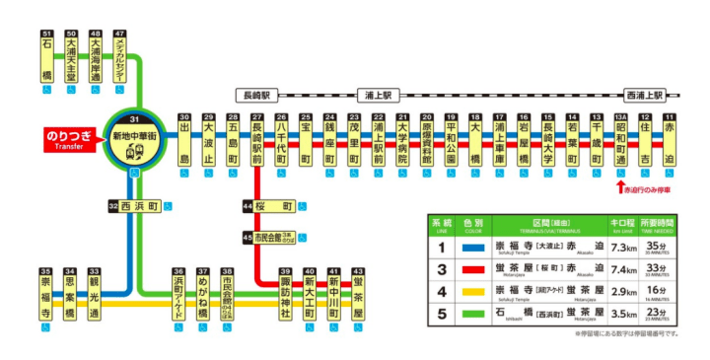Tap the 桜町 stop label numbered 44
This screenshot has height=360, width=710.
[x=275, y=206]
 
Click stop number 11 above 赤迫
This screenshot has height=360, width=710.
[x=670, y=117]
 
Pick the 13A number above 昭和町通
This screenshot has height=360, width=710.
[x=621, y=117]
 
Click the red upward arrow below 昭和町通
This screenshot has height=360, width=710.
[x=620, y=184]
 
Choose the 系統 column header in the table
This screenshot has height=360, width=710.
[x=443, y=224]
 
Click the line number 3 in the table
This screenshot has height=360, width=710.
[x=443, y=268]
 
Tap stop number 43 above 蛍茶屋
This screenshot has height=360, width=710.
[x=358, y=271]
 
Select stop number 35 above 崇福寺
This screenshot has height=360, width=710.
[x=45, y=271]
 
